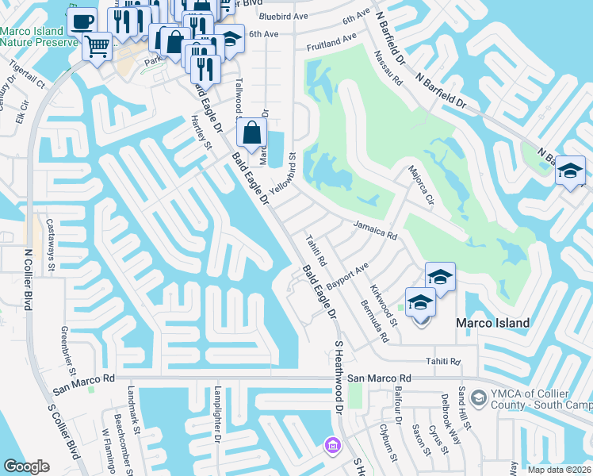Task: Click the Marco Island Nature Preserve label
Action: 32,36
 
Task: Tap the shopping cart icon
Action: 98,47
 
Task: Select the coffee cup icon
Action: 81,22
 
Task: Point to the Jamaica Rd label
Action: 374,230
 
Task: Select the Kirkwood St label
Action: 383,304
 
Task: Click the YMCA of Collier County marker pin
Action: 478,397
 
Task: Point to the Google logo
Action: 26,466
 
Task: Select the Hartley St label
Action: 203,132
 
